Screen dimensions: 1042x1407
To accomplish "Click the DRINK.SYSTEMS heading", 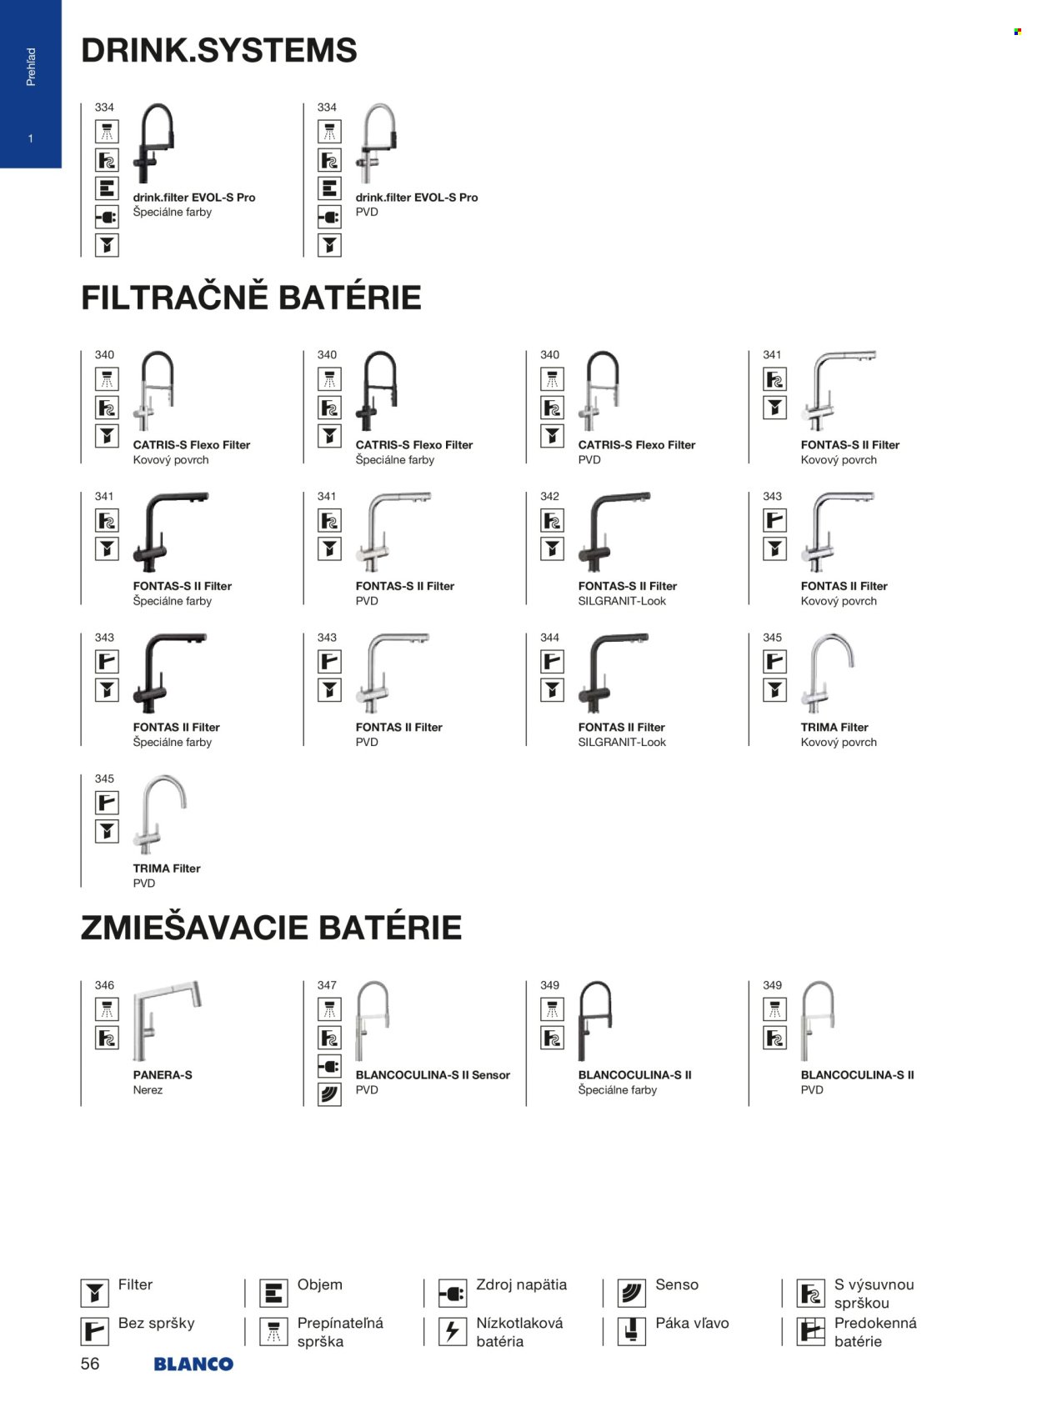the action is point(219,50).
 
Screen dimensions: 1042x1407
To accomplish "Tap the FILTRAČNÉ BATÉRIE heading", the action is point(251,297).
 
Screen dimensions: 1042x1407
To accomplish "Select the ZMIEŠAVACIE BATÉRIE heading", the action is point(271,927).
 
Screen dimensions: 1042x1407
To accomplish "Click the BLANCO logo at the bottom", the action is point(193,1364).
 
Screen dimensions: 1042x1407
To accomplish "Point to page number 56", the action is point(90,1364).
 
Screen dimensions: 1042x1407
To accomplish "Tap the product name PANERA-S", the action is point(163,1074).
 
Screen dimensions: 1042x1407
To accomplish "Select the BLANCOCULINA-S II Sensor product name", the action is point(433,1074).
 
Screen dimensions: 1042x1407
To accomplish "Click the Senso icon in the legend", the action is point(631,1293).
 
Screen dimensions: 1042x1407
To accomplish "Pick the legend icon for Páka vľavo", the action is point(631,1331).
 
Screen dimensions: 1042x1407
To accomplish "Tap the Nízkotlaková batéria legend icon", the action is point(453,1331).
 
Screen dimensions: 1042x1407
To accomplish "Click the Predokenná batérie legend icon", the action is point(810,1331).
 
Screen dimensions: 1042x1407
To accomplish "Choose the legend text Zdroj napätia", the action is point(522,1284).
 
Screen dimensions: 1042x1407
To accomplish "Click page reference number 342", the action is point(549,496).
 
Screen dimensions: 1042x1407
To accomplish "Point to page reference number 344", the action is point(549,638).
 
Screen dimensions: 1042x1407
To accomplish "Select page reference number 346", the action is point(105,985).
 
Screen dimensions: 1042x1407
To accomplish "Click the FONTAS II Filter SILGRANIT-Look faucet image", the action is point(613,673).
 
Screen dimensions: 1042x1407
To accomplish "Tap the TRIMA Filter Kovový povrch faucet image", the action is point(828,673).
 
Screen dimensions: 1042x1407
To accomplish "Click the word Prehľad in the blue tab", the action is point(31,67).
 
